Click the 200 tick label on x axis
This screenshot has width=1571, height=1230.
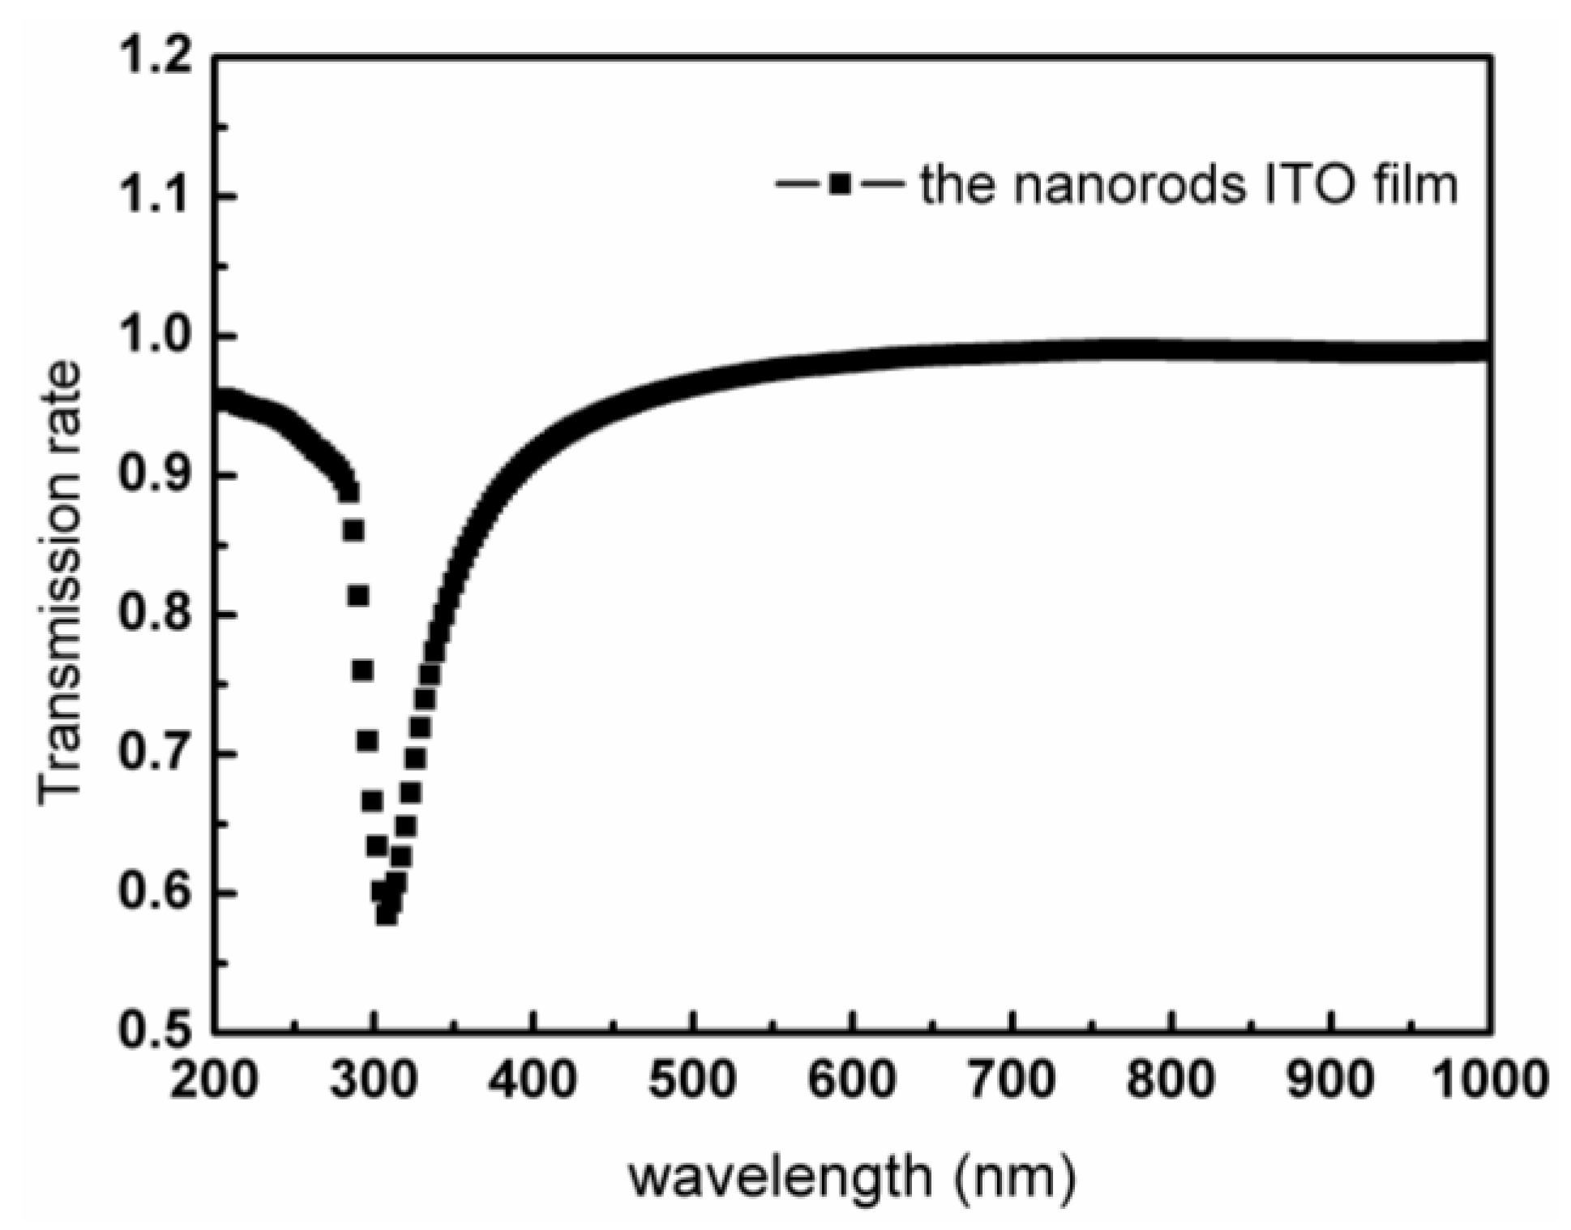(214, 1082)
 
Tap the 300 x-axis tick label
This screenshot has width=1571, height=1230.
(373, 1082)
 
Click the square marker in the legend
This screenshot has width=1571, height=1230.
(840, 185)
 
